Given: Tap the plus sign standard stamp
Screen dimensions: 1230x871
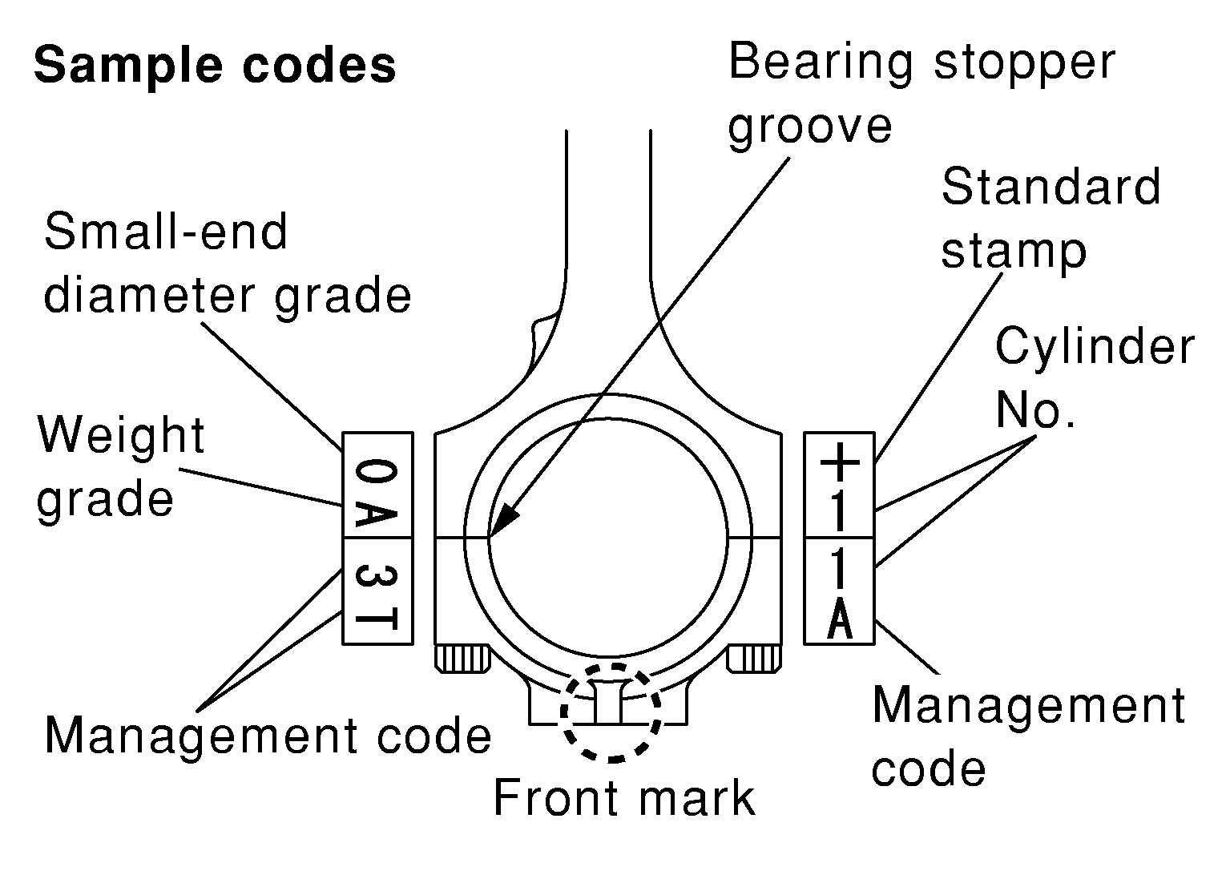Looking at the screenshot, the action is (840, 462).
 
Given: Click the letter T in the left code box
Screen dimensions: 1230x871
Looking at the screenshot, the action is (377, 619).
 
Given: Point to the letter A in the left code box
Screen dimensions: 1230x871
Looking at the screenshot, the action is (377, 514).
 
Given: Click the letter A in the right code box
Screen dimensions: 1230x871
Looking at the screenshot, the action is (840, 619).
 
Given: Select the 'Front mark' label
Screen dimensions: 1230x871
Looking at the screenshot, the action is (624, 798).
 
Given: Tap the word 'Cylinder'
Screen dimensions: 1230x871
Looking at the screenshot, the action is (1095, 346).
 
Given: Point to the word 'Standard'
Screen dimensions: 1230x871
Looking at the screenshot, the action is (1051, 187).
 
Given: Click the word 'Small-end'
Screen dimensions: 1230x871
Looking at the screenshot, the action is (166, 232).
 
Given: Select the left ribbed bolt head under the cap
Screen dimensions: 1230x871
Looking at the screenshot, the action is (462, 659).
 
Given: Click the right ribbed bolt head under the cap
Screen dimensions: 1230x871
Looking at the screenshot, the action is (754, 659).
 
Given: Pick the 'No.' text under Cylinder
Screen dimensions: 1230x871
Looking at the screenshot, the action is (1035, 409).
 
